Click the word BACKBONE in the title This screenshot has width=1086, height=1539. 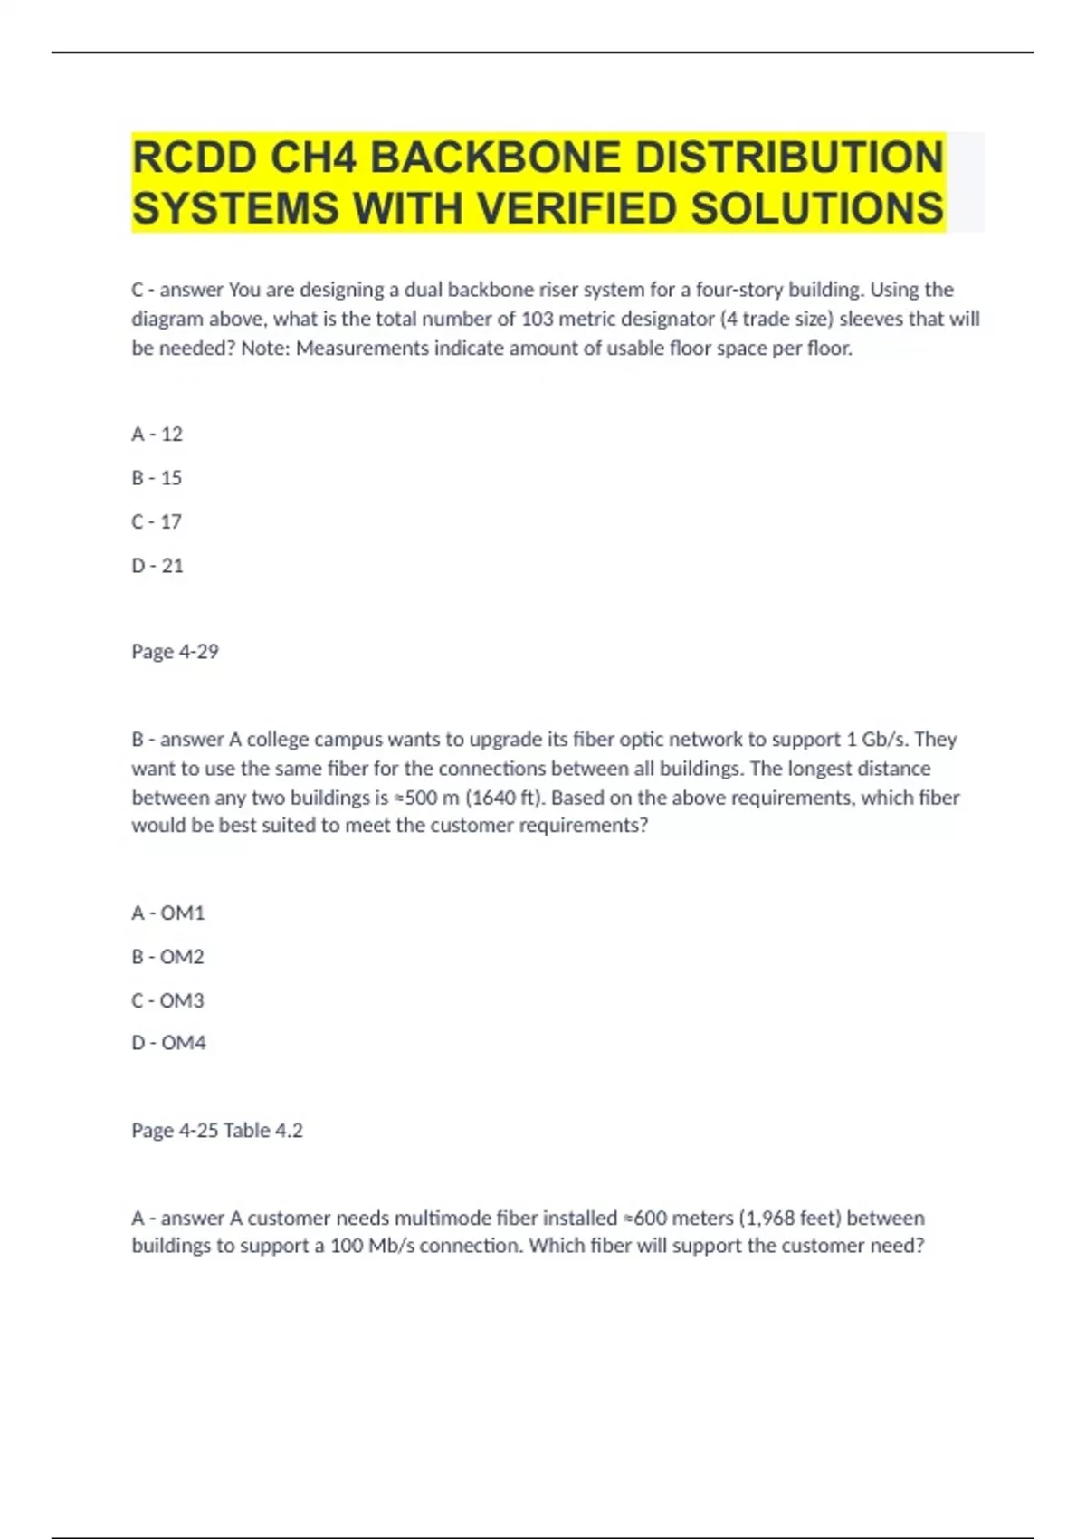[x=496, y=158]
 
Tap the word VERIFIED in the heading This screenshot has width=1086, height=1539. [x=576, y=209]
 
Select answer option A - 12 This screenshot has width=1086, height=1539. [x=157, y=435]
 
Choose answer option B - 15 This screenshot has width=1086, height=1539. [x=157, y=478]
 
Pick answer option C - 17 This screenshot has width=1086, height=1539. [x=157, y=521]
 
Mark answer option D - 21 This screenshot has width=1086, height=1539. [x=157, y=566]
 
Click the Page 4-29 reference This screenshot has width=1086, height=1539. [x=175, y=652]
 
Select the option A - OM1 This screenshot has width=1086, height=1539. [x=168, y=913]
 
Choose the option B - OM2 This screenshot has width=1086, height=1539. [x=168, y=957]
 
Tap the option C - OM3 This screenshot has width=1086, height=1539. [x=168, y=1000]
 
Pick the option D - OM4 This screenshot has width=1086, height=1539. [x=169, y=1043]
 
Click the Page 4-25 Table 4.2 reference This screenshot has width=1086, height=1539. [x=217, y=1131]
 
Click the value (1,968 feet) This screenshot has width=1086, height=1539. [x=790, y=1219]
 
